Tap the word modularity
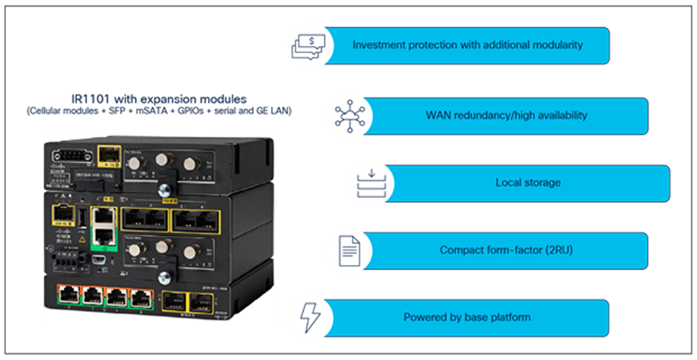[x=556, y=45]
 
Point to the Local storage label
[x=527, y=183]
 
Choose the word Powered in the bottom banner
[x=424, y=317]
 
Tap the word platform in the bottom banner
[x=511, y=317]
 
